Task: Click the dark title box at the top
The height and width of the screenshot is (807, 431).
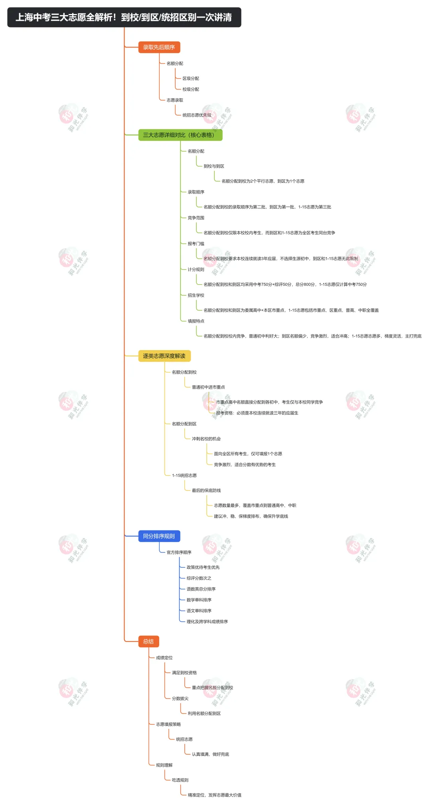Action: pyautogui.click(x=124, y=17)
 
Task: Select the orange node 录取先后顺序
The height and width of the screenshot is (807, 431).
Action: pyautogui.click(x=159, y=47)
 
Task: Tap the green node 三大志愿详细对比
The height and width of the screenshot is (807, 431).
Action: pyautogui.click(x=180, y=135)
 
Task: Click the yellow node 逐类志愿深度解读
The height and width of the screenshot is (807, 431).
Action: pyautogui.click(x=164, y=356)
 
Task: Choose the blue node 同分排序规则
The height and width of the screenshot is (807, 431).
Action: pyautogui.click(x=159, y=536)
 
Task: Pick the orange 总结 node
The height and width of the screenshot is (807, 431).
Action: pyautogui.click(x=148, y=641)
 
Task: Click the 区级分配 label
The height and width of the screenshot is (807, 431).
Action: pyautogui.click(x=191, y=79)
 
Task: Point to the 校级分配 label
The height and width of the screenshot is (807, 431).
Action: pyautogui.click(x=191, y=89)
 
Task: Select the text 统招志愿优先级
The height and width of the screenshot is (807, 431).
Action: pyautogui.click(x=197, y=115)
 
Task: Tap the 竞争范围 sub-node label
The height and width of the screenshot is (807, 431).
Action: pyautogui.click(x=196, y=218)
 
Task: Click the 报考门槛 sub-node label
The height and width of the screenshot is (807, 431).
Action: pyautogui.click(x=196, y=244)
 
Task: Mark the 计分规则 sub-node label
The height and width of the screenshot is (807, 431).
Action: pyautogui.click(x=196, y=270)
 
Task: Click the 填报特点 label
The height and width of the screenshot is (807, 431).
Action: pyautogui.click(x=196, y=321)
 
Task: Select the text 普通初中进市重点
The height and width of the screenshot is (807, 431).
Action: pyautogui.click(x=208, y=387)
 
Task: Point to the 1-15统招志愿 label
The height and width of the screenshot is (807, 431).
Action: pyautogui.click(x=184, y=476)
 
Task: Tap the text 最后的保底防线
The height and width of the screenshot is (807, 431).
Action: pyautogui.click(x=206, y=491)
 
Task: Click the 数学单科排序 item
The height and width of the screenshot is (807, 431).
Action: pyautogui.click(x=199, y=600)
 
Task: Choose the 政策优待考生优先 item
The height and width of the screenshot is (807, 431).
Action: pyautogui.click(x=203, y=568)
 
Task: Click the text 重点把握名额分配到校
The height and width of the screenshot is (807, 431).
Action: pyautogui.click(x=212, y=688)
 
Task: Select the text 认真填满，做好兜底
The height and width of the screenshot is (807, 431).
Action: pyautogui.click(x=210, y=754)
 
